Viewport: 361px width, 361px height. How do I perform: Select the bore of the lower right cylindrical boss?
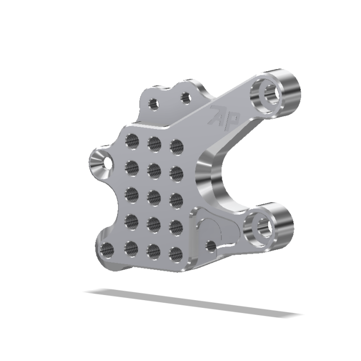pos(262,226)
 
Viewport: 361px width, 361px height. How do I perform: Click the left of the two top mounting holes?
pos(153,104)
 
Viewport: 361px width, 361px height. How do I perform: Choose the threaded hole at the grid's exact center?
pos(154,196)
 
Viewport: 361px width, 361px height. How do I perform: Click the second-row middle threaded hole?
pos(154,169)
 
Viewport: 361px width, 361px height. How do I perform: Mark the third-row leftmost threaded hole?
pos(132,194)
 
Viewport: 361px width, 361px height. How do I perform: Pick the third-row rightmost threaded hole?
pos(176,200)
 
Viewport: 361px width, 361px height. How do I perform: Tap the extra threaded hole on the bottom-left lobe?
pos(107,250)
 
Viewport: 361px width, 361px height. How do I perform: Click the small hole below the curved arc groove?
pos(211,246)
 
